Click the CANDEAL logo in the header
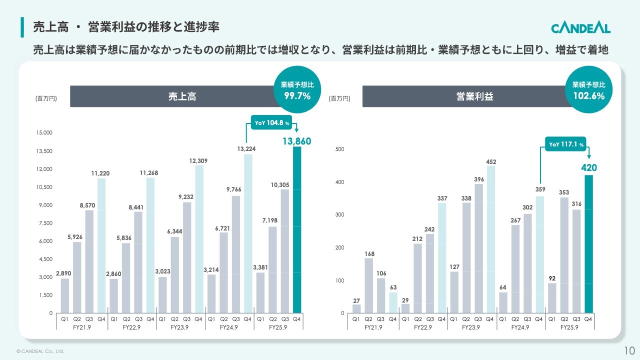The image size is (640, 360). coord(580,27)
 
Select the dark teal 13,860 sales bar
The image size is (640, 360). coord(297,230)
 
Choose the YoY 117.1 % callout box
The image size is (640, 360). coord(566,144)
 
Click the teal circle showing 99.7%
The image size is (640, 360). coord(297,90)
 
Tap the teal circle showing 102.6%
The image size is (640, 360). coord(588,90)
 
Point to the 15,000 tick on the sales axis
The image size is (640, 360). coord(43,133)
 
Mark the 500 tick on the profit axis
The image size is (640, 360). coord(339,149)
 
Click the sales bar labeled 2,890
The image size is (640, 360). coord(64,295)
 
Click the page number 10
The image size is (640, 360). coord(629,349)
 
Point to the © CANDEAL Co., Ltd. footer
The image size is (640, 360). coord(40,351)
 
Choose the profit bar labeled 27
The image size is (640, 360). coord(356,308)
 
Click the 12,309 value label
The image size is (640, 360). coord(198,160)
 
